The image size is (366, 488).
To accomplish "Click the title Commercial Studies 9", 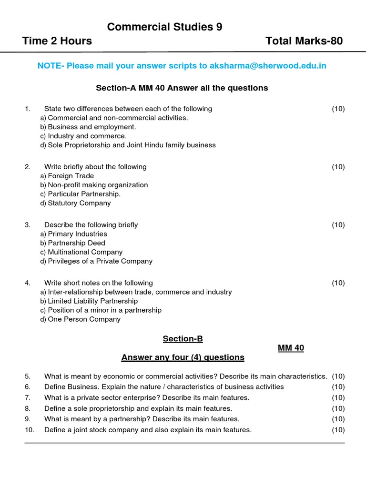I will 164,27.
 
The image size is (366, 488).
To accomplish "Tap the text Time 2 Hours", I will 57,41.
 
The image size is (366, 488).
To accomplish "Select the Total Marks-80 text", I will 304,41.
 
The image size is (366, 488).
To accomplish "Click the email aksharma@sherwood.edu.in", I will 268,66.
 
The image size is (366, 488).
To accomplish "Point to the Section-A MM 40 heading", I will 182,88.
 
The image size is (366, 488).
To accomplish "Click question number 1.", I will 28,109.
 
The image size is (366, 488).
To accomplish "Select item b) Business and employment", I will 88,127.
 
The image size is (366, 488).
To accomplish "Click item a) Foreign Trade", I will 67,176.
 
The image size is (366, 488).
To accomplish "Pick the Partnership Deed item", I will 72,243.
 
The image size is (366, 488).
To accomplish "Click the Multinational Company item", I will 81,252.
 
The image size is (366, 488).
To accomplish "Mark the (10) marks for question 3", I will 338,225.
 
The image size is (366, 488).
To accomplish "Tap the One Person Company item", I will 80,319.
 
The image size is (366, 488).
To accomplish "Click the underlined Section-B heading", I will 183,339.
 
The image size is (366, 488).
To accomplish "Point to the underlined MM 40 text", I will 291,348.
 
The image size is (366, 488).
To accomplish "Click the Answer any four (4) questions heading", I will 183,357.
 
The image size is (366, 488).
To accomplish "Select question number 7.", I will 28,397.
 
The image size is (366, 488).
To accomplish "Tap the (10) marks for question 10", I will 338,430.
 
